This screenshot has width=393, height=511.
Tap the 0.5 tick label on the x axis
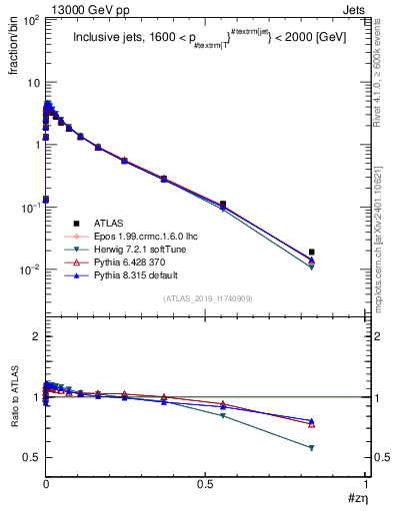pyautogui.click(x=206, y=483)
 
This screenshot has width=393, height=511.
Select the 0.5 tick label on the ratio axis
pyautogui.click(x=31, y=457)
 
